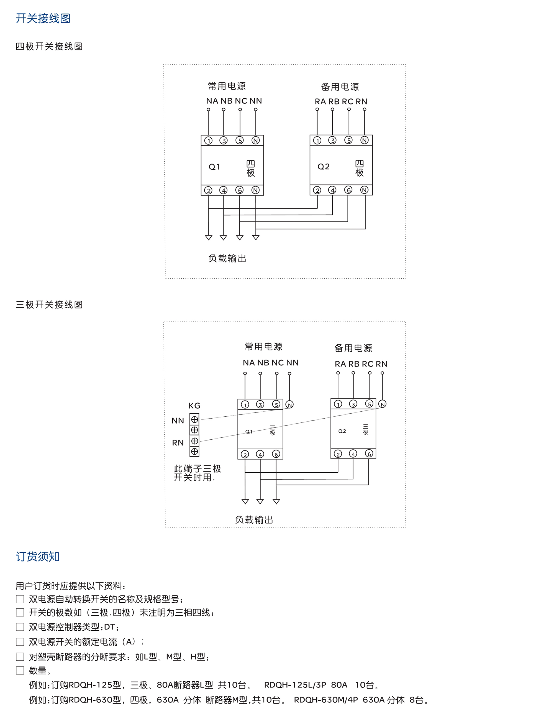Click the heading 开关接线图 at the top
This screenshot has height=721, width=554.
[43, 18]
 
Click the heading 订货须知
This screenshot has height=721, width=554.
[38, 556]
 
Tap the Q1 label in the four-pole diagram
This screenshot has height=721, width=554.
[214, 167]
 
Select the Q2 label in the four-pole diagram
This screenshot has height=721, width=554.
[323, 167]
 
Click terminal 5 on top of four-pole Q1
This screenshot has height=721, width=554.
[239, 141]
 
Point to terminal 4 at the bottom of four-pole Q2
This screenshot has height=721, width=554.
[332, 190]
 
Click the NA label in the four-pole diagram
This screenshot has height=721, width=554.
[212, 101]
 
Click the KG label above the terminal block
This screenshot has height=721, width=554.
[194, 406]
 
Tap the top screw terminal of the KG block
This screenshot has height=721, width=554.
[194, 419]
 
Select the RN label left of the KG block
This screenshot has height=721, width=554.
[178, 442]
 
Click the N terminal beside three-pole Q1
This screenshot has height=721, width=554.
[289, 404]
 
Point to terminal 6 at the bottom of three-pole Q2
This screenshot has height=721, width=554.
[369, 454]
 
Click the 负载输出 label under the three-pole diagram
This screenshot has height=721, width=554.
[254, 520]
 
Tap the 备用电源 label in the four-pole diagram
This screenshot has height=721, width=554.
[340, 87]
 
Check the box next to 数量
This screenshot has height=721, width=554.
[20, 670]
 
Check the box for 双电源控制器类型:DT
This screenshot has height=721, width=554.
[20, 627]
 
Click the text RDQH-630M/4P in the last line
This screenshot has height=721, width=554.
[325, 700]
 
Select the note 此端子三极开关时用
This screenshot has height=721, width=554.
[197, 473]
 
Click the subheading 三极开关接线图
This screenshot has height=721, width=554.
[49, 304]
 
